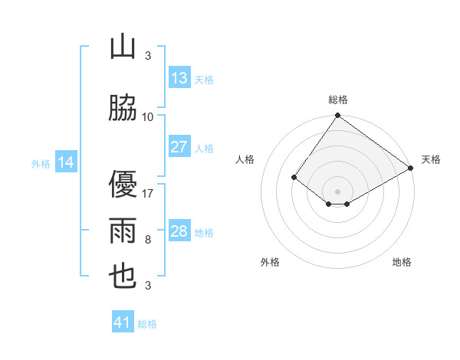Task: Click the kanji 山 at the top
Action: [x=123, y=47]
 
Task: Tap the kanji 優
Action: [x=123, y=185]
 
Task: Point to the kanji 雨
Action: [x=123, y=231]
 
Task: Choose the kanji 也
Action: [x=123, y=277]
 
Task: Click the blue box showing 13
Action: [x=179, y=78]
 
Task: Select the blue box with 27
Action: [x=179, y=147]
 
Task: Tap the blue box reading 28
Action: [x=179, y=231]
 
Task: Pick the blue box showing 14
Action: [x=66, y=162]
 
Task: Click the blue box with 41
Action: [x=123, y=322]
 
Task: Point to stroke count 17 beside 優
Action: [x=148, y=194]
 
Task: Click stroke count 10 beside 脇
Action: [x=148, y=117]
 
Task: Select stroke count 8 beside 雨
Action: [x=148, y=240]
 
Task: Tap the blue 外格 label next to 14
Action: [x=41, y=163]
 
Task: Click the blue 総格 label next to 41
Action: [x=147, y=324]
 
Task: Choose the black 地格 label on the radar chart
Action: [x=402, y=263]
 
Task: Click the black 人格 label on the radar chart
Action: [x=245, y=159]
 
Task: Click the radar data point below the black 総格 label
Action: [x=337, y=116]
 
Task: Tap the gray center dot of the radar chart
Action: [x=337, y=191]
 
